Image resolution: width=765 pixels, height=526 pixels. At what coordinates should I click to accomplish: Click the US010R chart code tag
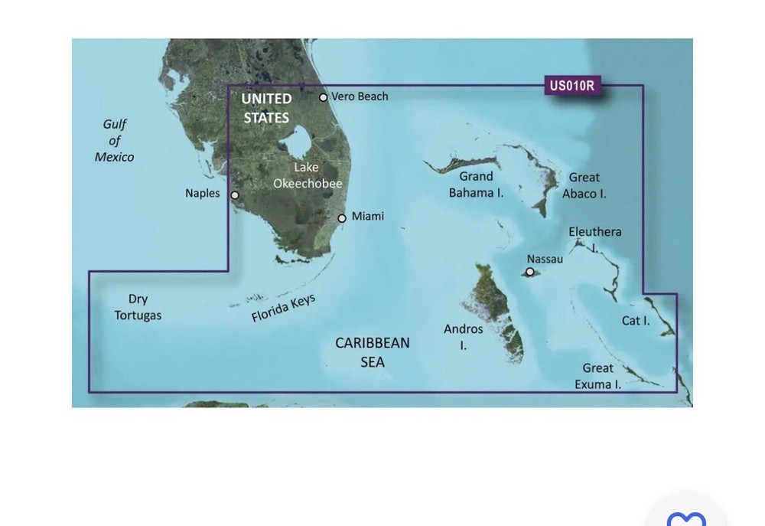[571, 86]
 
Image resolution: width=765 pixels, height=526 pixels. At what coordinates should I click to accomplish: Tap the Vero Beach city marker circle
[324, 97]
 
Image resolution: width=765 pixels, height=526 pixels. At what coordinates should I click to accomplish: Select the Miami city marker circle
[342, 218]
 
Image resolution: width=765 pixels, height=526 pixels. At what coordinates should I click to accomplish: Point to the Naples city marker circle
[235, 195]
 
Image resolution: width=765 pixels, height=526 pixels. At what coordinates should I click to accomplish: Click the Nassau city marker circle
[529, 272]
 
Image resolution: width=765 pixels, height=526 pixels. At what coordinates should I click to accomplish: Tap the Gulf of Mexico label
[115, 141]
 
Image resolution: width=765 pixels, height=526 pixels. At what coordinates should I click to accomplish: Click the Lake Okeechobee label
[308, 175]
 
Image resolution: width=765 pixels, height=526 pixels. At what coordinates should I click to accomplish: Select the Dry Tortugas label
[138, 307]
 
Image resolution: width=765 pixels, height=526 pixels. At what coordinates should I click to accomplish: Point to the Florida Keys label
[283, 308]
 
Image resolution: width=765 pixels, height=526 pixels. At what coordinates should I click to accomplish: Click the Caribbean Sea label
[373, 352]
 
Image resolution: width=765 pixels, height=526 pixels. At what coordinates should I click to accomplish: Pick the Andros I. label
[464, 337]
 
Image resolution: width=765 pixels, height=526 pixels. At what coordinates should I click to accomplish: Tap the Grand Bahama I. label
[476, 185]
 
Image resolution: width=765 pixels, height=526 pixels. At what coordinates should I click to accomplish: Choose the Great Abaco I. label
[584, 185]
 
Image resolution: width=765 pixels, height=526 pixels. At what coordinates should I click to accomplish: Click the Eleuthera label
[595, 233]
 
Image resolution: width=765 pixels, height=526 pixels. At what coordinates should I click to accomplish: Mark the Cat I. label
[635, 321]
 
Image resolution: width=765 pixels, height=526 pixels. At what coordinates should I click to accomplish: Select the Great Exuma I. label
[597, 377]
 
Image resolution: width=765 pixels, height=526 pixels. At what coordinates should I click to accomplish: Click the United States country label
[266, 108]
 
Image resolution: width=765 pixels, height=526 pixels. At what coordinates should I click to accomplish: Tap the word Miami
[368, 217]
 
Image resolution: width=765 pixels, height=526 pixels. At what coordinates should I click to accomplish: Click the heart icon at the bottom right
[686, 518]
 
